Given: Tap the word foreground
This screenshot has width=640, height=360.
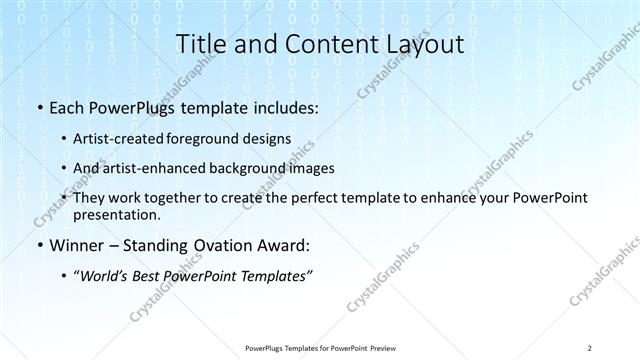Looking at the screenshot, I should coord(220,139).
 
